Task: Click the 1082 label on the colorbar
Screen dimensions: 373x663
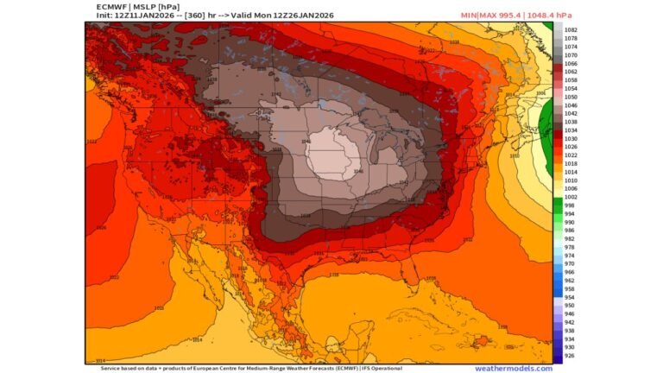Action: tap(571, 29)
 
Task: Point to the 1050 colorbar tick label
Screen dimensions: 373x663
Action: tap(571, 97)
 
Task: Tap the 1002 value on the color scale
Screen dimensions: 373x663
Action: tap(571, 197)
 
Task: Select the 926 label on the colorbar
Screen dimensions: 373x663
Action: tap(569, 356)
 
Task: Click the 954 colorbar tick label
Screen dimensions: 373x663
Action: tap(569, 297)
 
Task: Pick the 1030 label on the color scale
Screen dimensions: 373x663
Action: tap(571, 138)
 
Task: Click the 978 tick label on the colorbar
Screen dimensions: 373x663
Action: tap(569, 247)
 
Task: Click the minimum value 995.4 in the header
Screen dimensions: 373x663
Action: tap(513, 16)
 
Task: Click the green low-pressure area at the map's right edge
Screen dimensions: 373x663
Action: tap(546, 130)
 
